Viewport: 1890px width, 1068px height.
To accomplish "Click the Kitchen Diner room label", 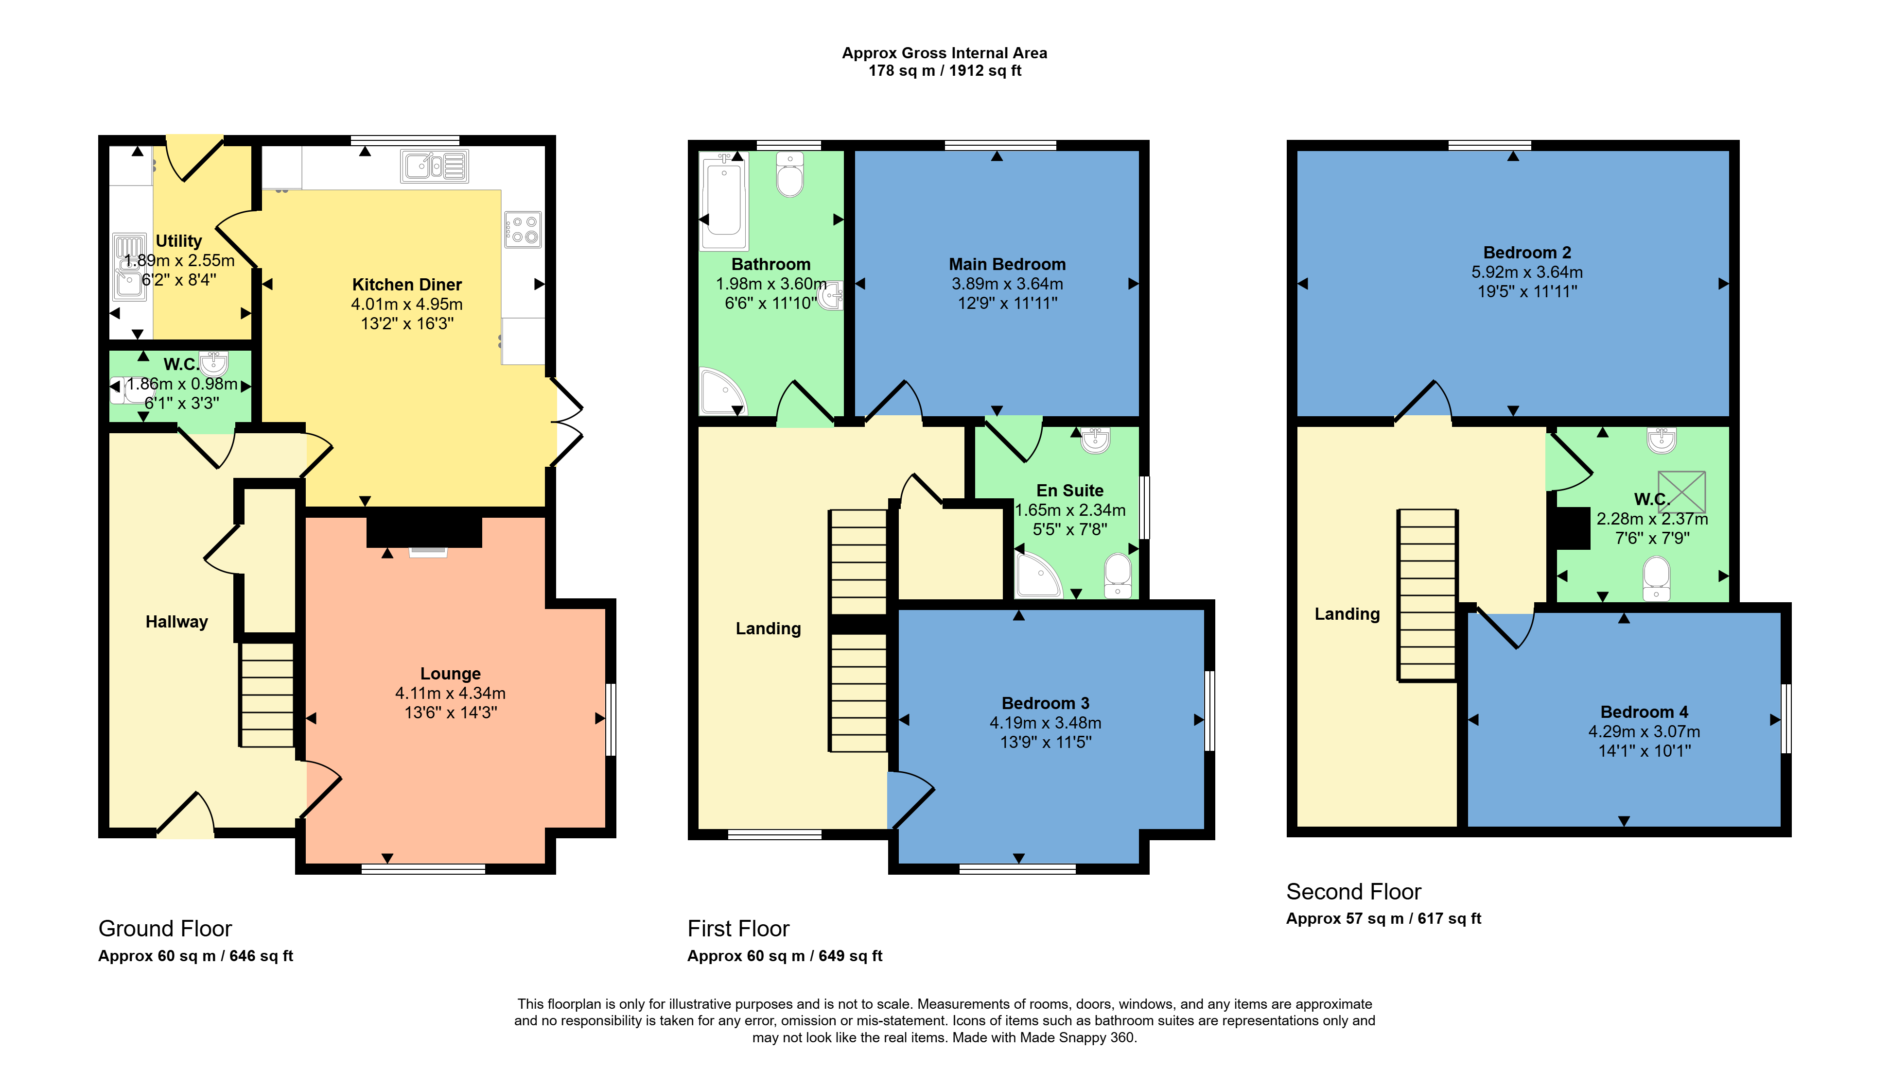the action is click(x=406, y=285).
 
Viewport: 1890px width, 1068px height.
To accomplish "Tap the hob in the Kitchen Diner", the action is click(x=523, y=229).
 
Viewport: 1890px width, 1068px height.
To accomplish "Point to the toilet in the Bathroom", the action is click(x=790, y=174).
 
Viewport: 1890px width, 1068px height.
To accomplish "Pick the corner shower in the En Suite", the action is click(x=1036, y=575).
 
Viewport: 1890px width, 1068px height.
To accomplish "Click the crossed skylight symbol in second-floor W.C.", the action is click(x=1681, y=492).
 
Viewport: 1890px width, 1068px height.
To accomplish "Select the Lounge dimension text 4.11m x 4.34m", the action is click(x=451, y=693).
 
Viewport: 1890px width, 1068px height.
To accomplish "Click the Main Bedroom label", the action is click(x=1007, y=264).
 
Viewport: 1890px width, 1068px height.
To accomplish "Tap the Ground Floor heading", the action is click(x=165, y=929).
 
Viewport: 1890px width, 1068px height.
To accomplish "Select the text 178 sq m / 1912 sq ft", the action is click(x=945, y=70).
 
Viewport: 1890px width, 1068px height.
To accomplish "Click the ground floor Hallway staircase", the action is click(x=267, y=695).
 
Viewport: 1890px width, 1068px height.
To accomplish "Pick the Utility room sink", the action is click(x=128, y=268).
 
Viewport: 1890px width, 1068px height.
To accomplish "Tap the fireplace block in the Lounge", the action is click(x=424, y=529).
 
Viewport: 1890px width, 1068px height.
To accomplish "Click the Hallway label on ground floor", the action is click(x=176, y=622).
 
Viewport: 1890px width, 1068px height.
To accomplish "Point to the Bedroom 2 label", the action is click(x=1527, y=253).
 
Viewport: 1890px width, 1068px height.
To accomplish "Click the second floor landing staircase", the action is click(x=1427, y=595).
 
